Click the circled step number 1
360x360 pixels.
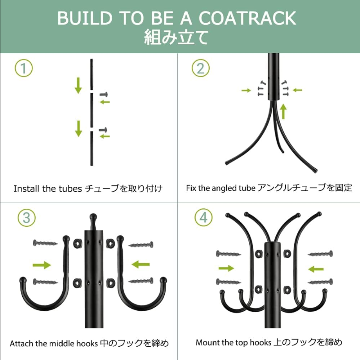(23, 68)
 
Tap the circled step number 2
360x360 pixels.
(200, 68)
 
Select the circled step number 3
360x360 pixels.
(26, 218)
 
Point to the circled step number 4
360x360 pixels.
(203, 218)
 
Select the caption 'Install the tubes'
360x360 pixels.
(48, 188)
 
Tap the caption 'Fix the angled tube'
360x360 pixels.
(221, 188)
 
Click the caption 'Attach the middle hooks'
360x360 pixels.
(54, 344)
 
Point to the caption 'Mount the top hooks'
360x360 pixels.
(233, 342)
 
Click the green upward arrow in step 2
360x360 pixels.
(284, 111)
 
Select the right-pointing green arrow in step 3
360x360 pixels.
(42, 265)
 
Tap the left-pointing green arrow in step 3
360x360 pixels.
(140, 265)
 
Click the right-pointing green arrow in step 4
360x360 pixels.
(226, 268)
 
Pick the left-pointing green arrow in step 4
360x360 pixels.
(316, 269)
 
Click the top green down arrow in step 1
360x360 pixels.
(78, 85)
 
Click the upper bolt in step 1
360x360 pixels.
(104, 94)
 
